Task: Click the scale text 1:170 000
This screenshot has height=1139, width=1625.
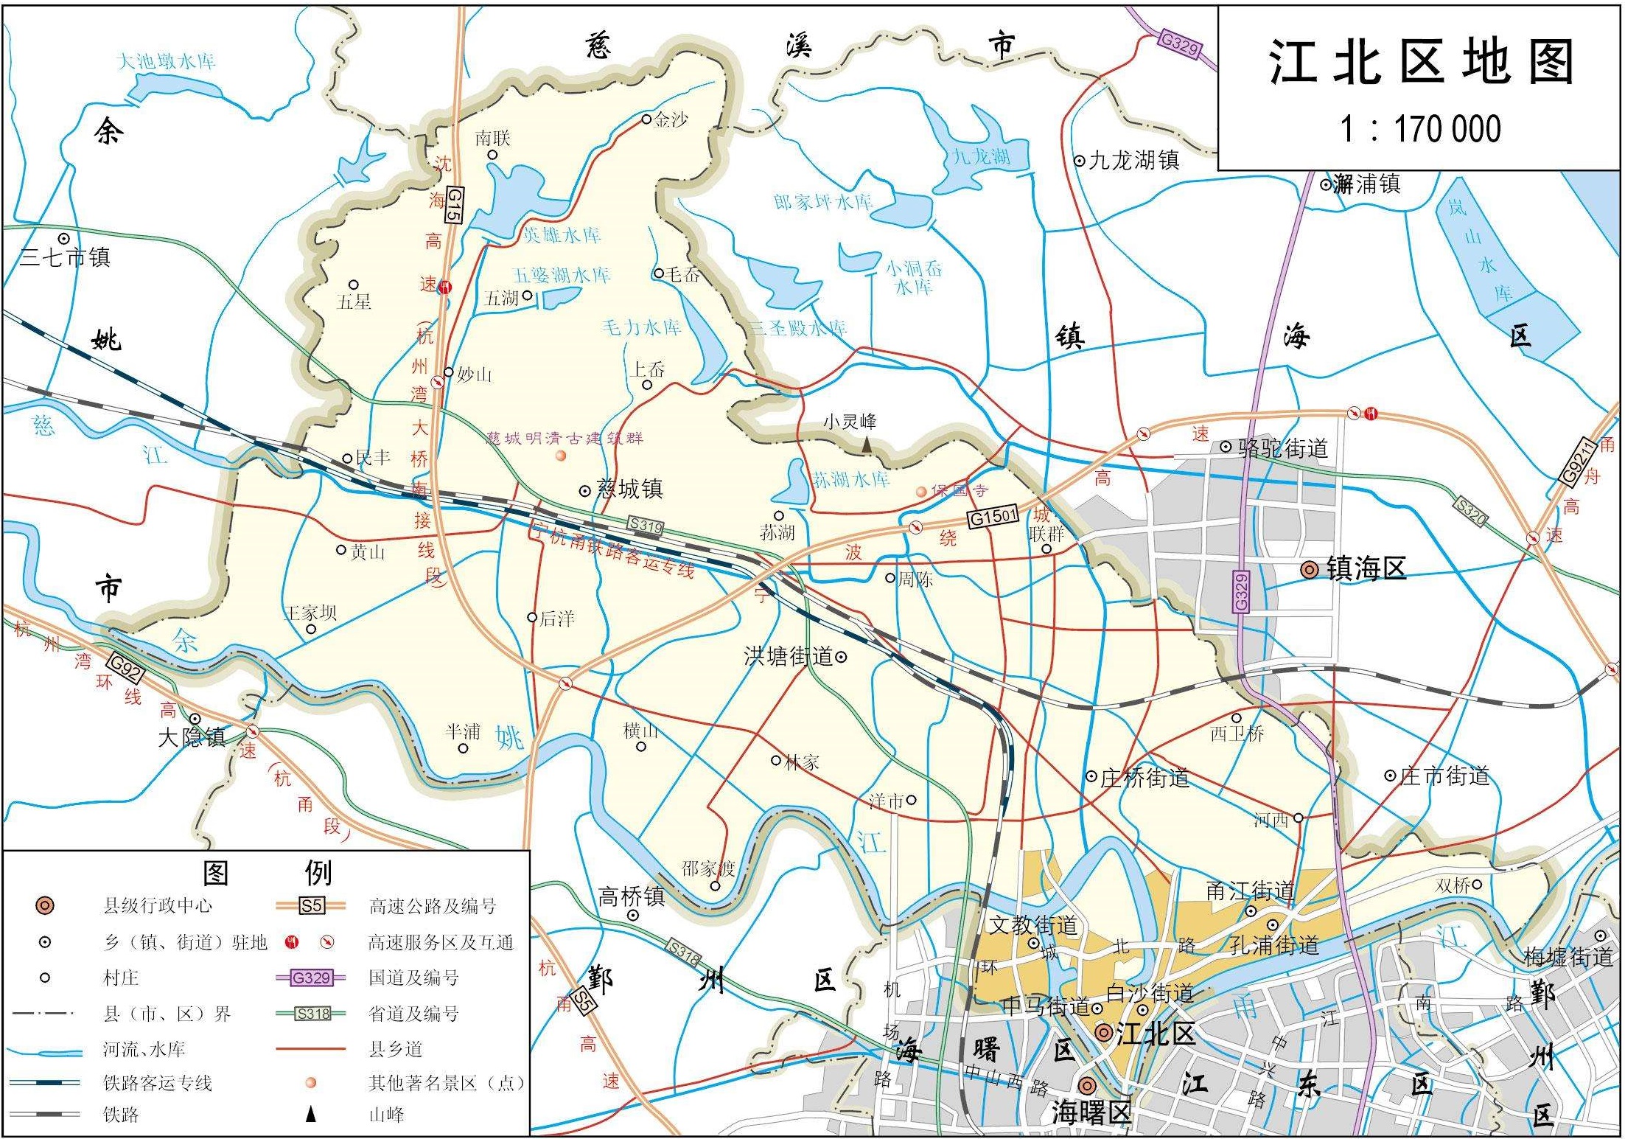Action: point(1419,128)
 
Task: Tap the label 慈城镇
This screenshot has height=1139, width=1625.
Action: point(630,489)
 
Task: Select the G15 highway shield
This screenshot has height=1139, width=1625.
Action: point(454,205)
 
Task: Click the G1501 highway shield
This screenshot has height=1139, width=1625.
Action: point(993,516)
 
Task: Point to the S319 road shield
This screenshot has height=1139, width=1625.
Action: point(646,526)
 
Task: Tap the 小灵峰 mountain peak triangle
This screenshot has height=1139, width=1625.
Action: point(867,445)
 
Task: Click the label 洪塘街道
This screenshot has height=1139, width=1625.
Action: point(788,655)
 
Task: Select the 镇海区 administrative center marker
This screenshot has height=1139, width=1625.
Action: point(1309,569)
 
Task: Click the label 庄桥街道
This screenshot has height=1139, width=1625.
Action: point(1145,778)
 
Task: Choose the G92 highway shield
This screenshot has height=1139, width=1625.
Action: point(125,668)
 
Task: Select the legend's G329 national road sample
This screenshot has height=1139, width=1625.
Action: point(310,978)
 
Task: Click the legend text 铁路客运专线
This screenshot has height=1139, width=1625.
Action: point(157,1083)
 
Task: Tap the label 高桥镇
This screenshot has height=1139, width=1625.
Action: point(631,896)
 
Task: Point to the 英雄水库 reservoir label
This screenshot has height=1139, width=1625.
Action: point(562,235)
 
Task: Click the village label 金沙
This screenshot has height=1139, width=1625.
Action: point(671,119)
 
